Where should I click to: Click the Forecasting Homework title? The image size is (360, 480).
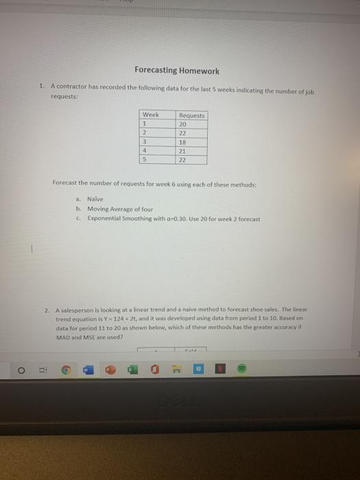point(177,71)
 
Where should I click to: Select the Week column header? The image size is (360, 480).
point(150,115)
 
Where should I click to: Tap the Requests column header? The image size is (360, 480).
point(192,116)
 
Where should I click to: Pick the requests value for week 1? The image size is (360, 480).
point(182,124)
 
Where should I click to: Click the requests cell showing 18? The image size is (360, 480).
point(182,142)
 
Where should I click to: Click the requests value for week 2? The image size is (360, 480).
point(182,133)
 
